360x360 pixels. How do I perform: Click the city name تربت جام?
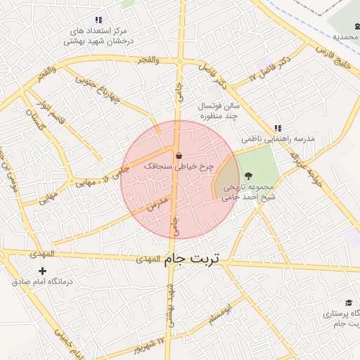pyautogui.click(x=193, y=259)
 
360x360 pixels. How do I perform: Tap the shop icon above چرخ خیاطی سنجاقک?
pyautogui.click(x=178, y=155)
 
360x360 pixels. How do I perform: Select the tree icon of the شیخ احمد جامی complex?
pyautogui.click(x=247, y=176)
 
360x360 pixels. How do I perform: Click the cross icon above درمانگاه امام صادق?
pyautogui.click(x=43, y=271)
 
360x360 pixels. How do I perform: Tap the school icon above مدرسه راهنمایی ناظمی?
pyautogui.click(x=278, y=128)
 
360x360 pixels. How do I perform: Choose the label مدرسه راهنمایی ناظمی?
pyautogui.click(x=279, y=139)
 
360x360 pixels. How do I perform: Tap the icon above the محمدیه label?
pyautogui.click(x=357, y=27)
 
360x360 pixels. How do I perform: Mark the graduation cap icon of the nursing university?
pyautogui.click(x=349, y=303)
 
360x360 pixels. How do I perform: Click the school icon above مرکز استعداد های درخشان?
pyautogui.click(x=98, y=20)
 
